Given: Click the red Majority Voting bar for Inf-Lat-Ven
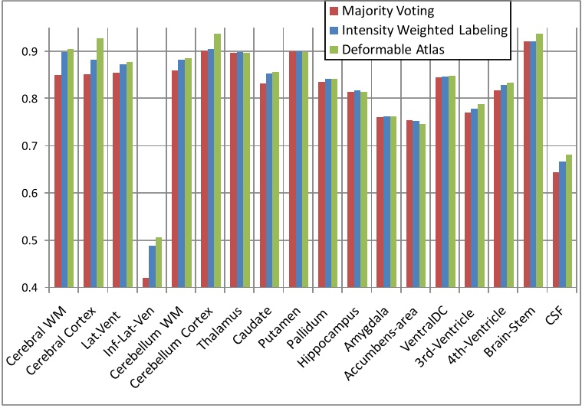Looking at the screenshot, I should tap(146, 282).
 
